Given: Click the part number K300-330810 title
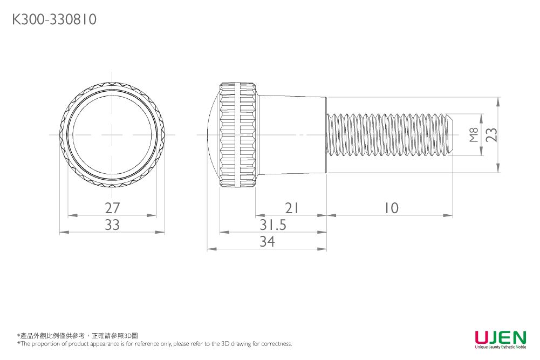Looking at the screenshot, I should (x=54, y=20).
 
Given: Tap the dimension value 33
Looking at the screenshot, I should (x=112, y=225).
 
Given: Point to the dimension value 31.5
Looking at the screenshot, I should (x=273, y=225).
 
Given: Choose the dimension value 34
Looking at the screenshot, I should (x=267, y=242).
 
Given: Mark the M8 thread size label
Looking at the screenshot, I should (x=474, y=135).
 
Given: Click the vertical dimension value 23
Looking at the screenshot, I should (x=491, y=135).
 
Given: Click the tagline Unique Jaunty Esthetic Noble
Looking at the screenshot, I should (x=500, y=347).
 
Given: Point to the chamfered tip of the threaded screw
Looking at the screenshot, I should (x=449, y=135).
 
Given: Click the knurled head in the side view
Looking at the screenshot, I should (x=237, y=135).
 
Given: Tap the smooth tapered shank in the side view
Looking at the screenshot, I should (x=291, y=135).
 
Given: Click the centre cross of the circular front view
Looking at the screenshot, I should (x=112, y=134).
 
